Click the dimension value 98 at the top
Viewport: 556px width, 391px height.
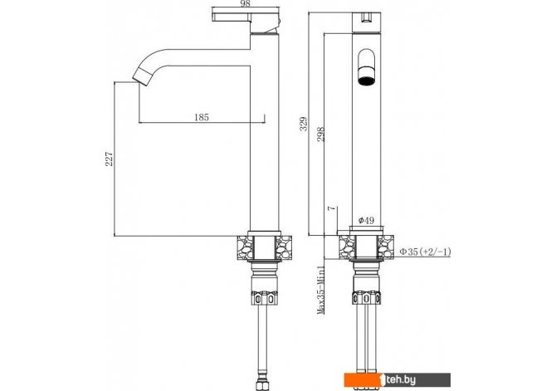245,3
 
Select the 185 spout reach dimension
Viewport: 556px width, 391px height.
202,117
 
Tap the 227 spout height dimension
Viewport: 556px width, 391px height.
110,159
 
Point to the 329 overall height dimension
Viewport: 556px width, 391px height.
304,124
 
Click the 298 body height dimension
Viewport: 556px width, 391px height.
320,134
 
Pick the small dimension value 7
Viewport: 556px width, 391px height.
332,208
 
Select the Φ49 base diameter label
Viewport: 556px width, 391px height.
366,220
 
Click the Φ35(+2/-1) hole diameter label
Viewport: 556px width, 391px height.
425,252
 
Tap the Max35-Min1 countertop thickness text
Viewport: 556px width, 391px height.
321,290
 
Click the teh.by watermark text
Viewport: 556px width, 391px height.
401,380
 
